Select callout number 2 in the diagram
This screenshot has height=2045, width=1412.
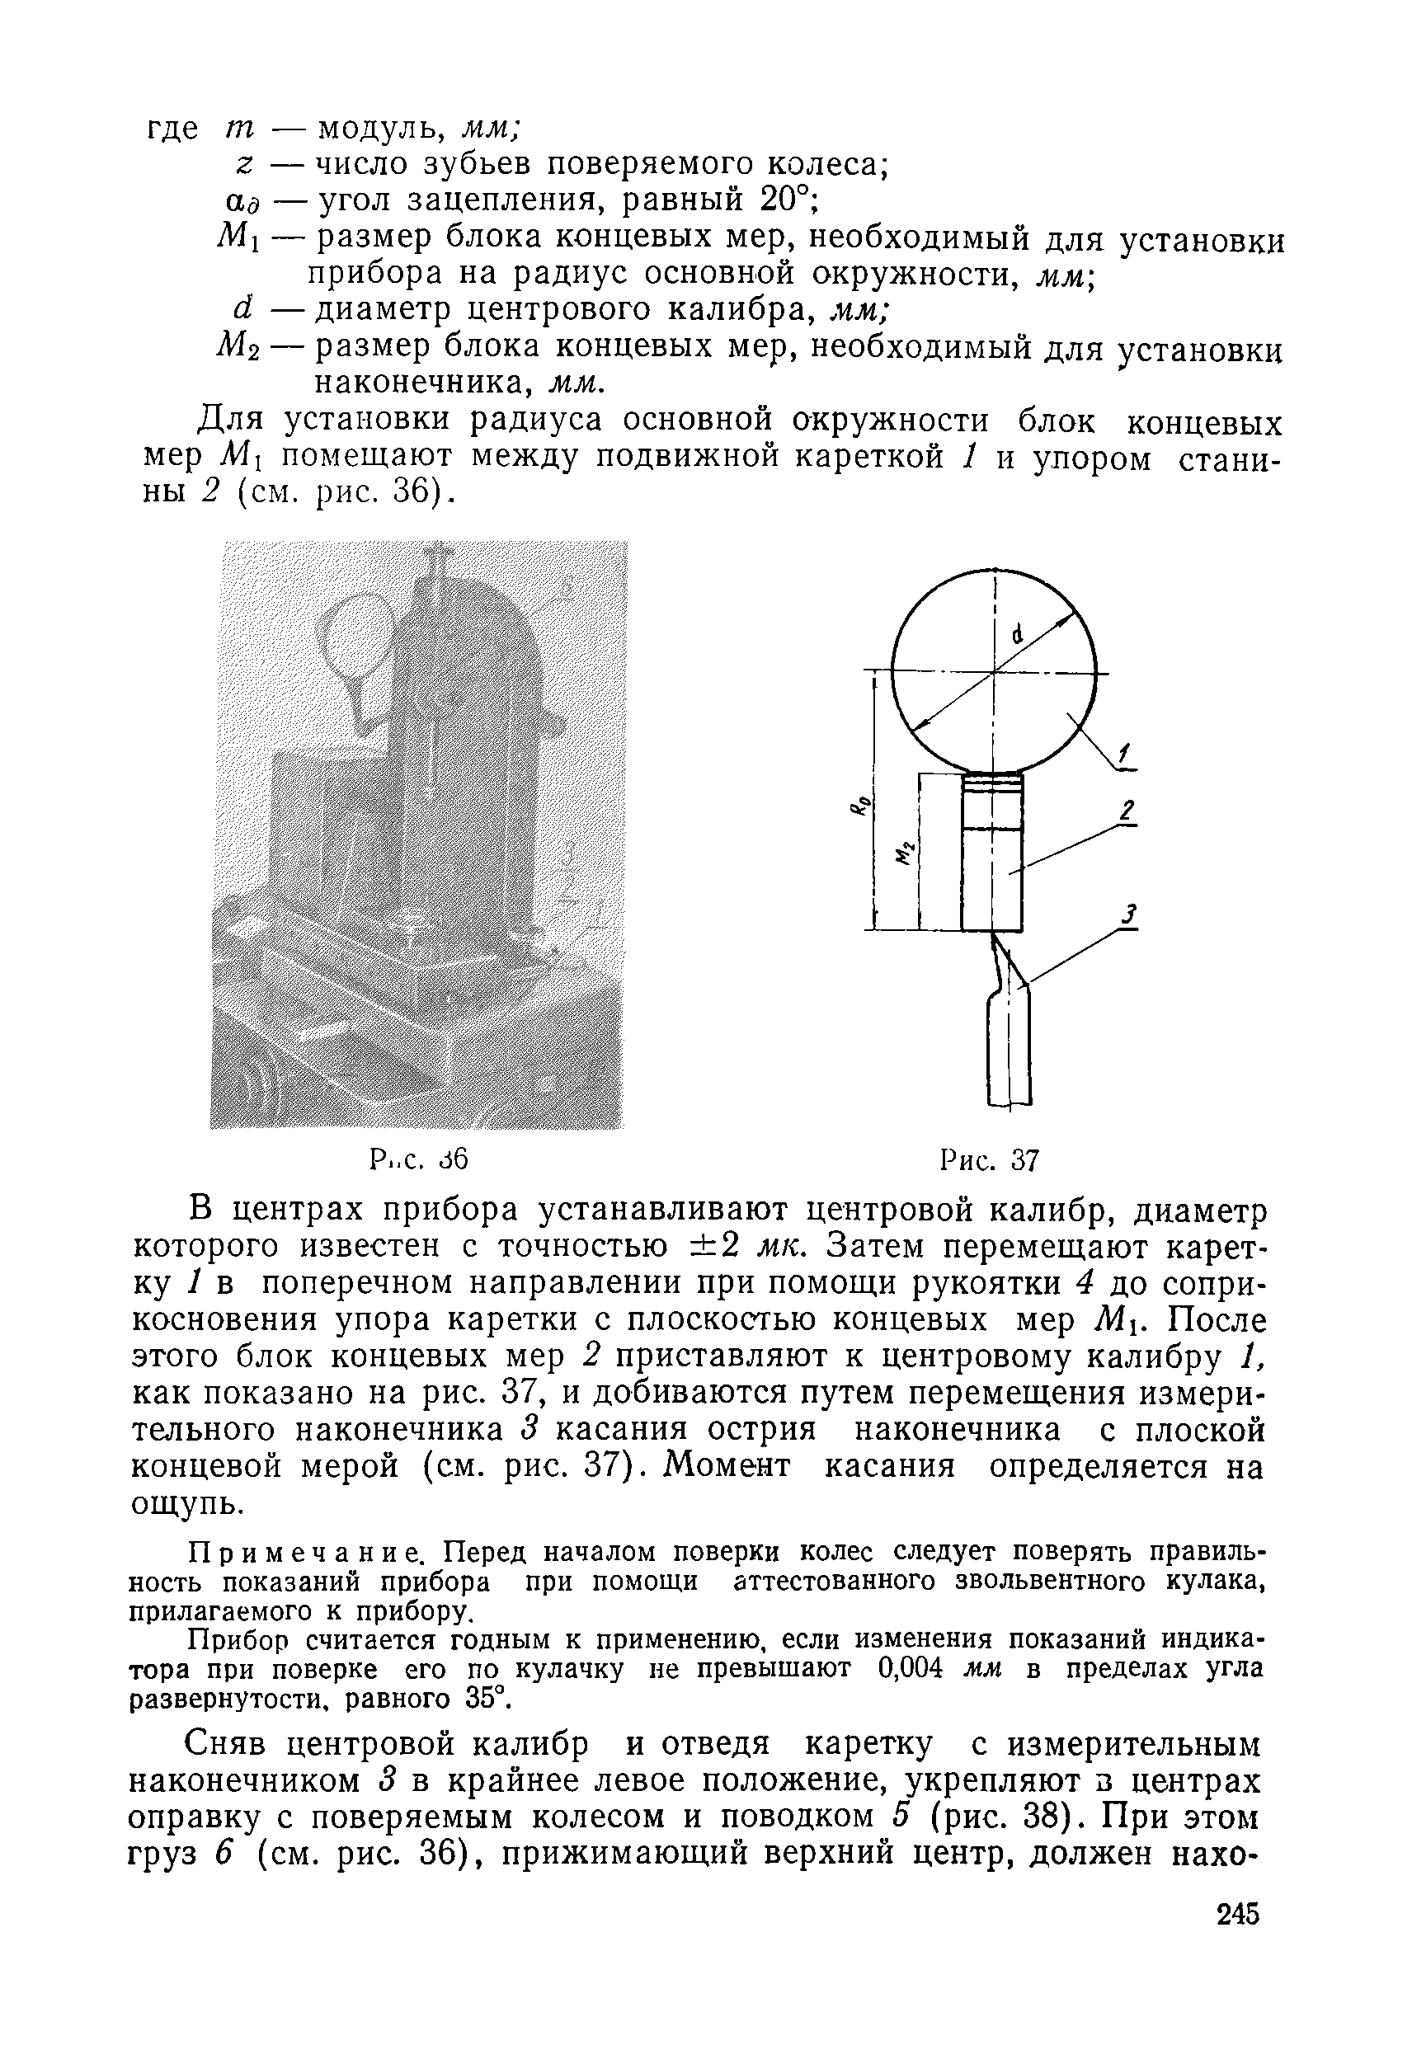(x=1127, y=811)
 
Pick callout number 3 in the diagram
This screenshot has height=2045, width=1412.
(x=1128, y=914)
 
